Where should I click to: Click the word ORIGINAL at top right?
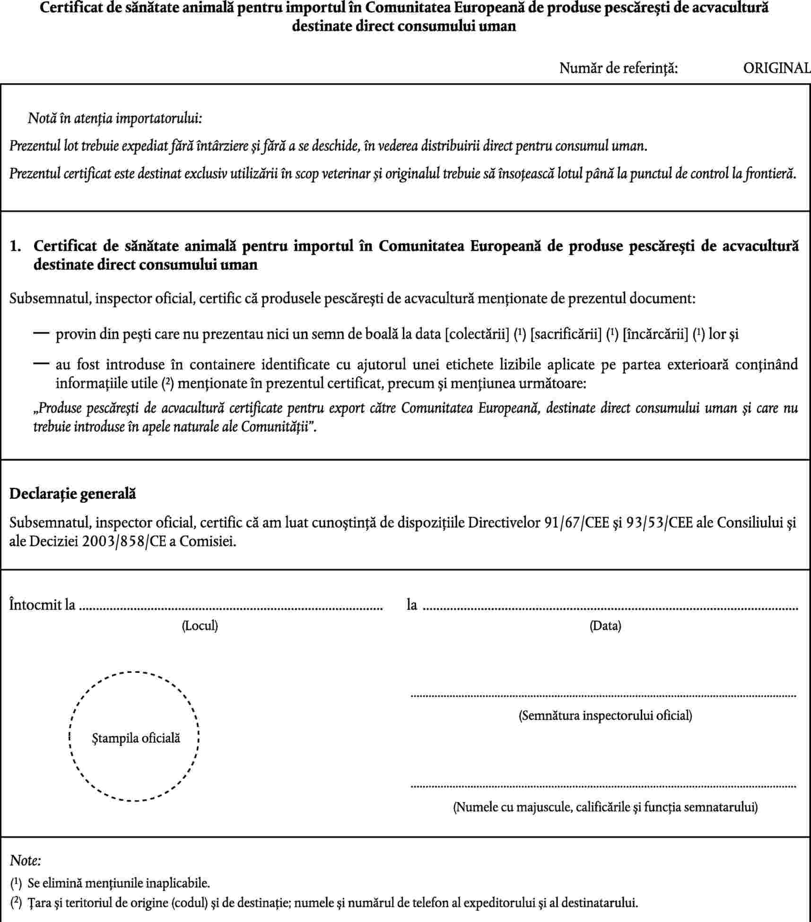(x=776, y=69)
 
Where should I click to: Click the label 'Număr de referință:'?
(x=619, y=69)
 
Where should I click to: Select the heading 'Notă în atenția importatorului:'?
(x=115, y=118)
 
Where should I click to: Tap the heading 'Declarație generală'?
(x=73, y=494)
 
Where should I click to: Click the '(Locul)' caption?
(x=200, y=626)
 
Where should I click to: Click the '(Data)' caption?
(x=605, y=626)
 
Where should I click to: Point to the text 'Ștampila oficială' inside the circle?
(x=136, y=738)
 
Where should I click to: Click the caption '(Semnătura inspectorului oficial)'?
(x=605, y=715)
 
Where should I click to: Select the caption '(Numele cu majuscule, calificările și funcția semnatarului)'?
(x=605, y=807)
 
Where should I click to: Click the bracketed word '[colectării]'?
(x=477, y=335)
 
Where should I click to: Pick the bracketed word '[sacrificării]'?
(x=566, y=335)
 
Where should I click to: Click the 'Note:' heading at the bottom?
(x=26, y=860)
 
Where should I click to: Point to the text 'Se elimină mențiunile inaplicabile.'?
(x=119, y=882)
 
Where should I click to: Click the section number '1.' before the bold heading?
(x=16, y=246)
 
